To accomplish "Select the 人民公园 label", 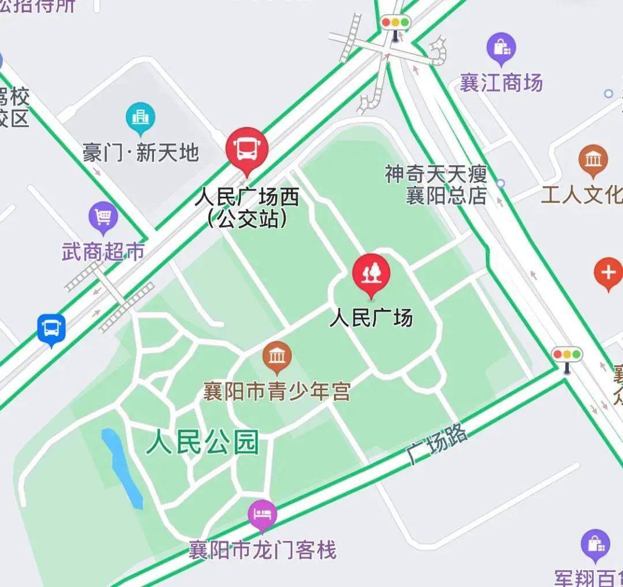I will coord(202,444).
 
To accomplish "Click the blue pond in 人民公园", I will coord(122,468).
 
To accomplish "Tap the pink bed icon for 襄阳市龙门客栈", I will coord(262,513).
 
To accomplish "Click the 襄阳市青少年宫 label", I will coord(277,392).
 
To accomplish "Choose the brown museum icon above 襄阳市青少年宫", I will coord(277,357).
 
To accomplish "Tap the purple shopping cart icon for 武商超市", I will coord(103,218).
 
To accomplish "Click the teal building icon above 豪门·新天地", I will coord(140,118).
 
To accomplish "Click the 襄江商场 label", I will coord(501,83).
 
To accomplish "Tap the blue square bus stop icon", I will coord(51,329).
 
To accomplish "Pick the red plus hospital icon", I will coord(608,272).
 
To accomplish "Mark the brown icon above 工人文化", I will coord(593,159).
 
